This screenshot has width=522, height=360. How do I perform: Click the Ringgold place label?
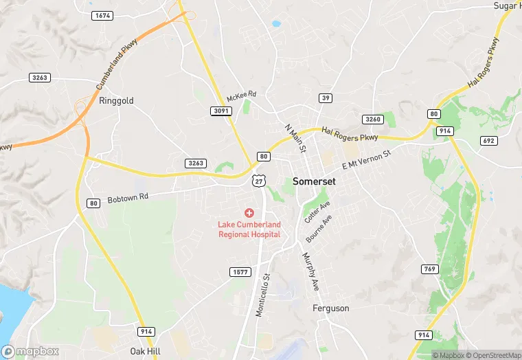116,100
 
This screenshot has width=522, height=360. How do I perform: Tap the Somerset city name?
314,182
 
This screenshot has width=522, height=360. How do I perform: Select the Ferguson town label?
331,308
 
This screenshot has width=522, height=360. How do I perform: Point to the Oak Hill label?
146,351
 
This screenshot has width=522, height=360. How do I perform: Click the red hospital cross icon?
249,214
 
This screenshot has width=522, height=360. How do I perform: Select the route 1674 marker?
102,15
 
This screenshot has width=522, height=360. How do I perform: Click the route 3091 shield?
220,111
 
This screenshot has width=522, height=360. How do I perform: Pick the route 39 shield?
326,98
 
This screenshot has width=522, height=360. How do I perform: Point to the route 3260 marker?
372,120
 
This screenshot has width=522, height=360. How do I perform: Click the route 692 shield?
489,141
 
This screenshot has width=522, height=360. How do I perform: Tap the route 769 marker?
429,269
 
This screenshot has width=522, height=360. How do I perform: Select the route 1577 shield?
240,272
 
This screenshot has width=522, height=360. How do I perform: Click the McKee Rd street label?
241,95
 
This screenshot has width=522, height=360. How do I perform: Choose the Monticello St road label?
263,295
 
